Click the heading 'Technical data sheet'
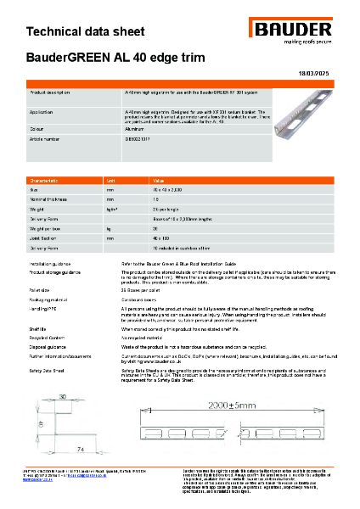point(75,32)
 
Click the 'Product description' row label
point(56,90)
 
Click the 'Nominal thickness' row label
point(50,199)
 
